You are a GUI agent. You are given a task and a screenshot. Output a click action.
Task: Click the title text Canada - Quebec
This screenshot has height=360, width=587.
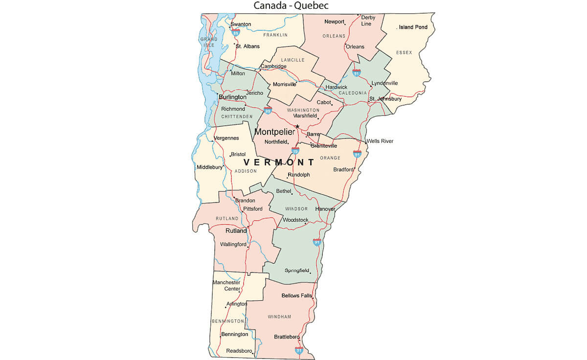(291, 6)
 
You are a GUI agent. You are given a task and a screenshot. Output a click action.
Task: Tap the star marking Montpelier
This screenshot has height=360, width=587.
(297, 126)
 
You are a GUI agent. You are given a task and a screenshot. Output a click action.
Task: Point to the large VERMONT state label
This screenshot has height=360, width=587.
(279, 162)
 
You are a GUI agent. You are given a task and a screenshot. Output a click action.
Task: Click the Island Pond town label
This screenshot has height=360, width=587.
(413, 27)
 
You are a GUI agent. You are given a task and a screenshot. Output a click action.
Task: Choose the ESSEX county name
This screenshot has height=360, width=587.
(404, 52)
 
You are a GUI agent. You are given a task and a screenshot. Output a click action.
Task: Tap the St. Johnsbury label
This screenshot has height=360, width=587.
(386, 99)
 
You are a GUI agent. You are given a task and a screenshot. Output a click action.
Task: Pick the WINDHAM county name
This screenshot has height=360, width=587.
(279, 316)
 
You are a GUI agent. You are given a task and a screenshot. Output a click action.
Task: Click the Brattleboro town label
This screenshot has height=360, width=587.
(287, 337)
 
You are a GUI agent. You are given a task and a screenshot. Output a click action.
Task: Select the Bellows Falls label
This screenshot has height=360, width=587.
(297, 295)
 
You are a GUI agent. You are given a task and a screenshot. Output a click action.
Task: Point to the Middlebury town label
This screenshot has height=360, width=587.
(209, 167)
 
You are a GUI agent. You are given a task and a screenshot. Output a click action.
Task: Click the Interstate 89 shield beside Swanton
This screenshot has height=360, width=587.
(236, 32)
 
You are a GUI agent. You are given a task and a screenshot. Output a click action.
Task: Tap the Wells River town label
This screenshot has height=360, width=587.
(380, 141)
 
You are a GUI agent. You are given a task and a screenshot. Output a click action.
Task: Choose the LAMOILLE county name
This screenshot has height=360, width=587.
(293, 60)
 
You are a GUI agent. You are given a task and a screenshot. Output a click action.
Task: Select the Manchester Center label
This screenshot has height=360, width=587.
(226, 286)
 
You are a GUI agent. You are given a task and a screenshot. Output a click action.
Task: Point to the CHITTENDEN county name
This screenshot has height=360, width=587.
(237, 116)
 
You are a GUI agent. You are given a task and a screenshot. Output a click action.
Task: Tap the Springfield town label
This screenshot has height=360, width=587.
(297, 270)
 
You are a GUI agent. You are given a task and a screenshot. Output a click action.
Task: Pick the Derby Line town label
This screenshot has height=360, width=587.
(368, 21)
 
